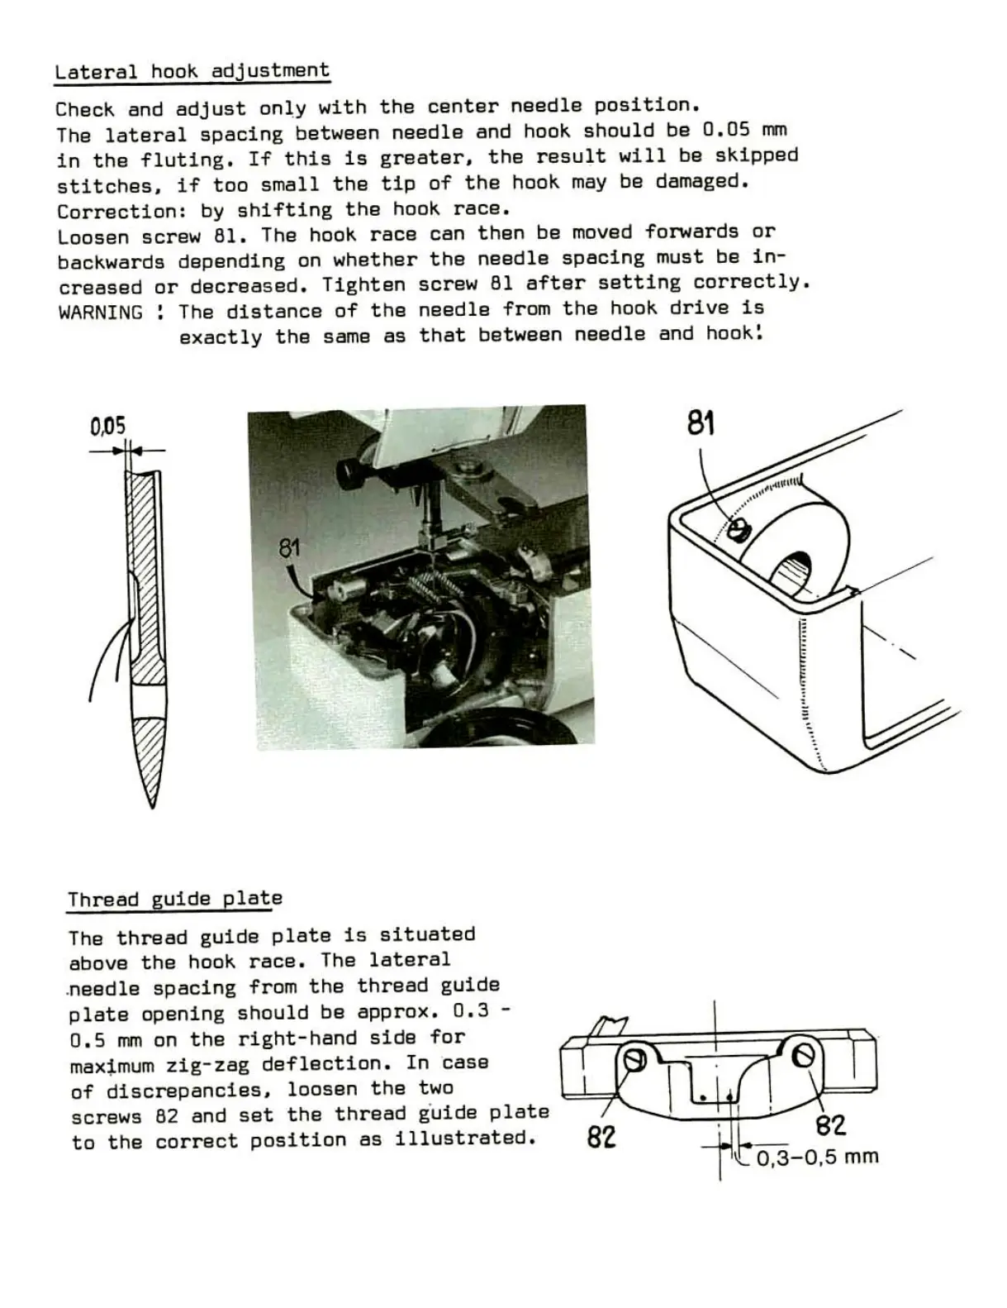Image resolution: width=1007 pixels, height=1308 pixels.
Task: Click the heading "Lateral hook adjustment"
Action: pyautogui.click(x=192, y=71)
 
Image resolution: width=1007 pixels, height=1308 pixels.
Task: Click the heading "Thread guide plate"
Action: pyautogui.click(x=174, y=899)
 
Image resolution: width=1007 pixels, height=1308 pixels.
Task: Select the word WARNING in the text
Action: pyautogui.click(x=100, y=313)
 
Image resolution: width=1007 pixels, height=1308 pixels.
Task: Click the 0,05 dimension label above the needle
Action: pyautogui.click(x=108, y=427)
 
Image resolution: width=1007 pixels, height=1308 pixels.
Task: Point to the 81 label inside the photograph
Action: pyautogui.click(x=289, y=548)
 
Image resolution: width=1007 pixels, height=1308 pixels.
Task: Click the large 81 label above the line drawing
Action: pyautogui.click(x=701, y=424)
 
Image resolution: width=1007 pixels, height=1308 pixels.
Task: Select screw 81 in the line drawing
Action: pyautogui.click(x=739, y=528)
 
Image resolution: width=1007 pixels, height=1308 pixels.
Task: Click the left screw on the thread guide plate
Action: pyautogui.click(x=635, y=1059)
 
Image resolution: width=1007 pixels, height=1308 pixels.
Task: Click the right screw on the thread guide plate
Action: pyautogui.click(x=804, y=1054)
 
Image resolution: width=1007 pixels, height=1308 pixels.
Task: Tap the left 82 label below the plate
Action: pyautogui.click(x=601, y=1138)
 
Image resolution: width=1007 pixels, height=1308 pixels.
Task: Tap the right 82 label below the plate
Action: pyautogui.click(x=830, y=1125)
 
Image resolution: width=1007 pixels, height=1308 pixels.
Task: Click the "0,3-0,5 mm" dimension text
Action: pyautogui.click(x=817, y=1158)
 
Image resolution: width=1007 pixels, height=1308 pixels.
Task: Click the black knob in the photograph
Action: pyautogui.click(x=352, y=474)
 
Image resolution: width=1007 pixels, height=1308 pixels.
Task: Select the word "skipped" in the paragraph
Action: pyautogui.click(x=757, y=155)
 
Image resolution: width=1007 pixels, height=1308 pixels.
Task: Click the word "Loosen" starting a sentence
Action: pyautogui.click(x=93, y=236)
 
